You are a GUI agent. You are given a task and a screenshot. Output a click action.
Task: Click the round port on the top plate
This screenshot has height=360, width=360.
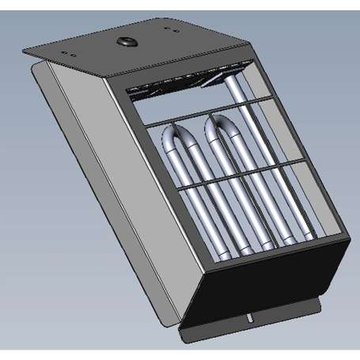pyautogui.click(x=125, y=41)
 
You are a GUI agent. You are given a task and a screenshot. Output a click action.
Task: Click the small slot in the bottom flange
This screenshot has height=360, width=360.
pyautogui.click(x=249, y=319)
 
